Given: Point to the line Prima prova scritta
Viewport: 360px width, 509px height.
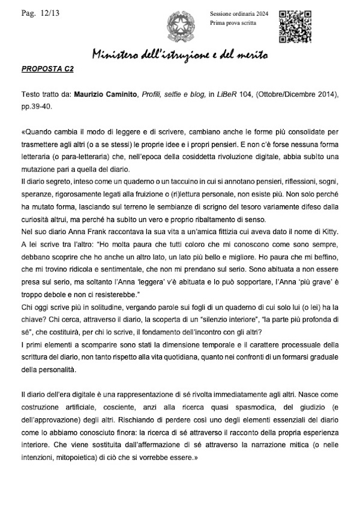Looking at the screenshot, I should click(233, 22).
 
